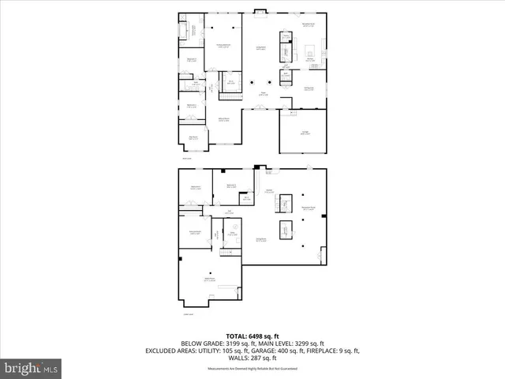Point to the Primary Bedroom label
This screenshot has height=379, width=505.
click(223, 47)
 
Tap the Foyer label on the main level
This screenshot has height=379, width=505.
click(263, 95)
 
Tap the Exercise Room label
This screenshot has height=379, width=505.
click(194, 233)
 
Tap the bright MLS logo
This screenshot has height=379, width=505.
click(32, 368)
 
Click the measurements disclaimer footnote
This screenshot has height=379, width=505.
click(252, 369)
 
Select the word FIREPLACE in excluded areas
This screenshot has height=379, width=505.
click(320, 351)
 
